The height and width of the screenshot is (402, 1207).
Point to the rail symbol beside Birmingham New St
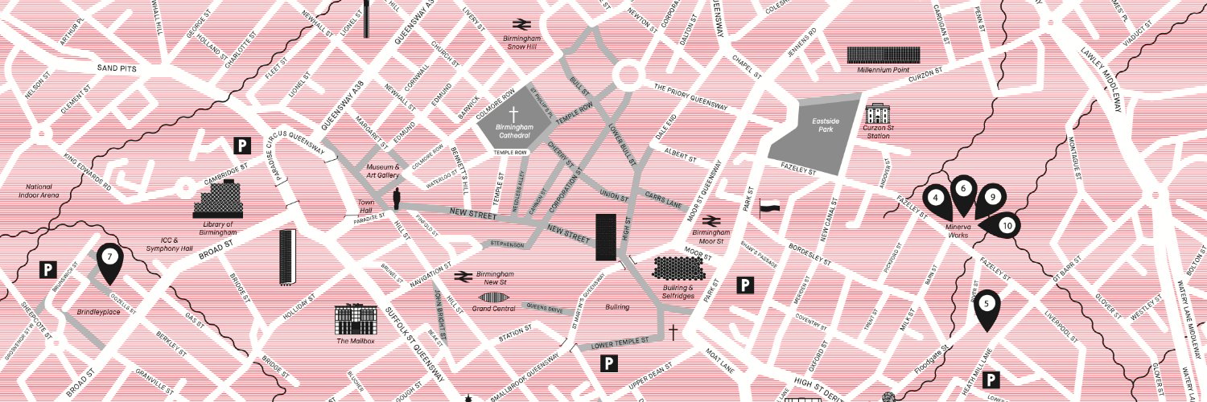tap(462, 276)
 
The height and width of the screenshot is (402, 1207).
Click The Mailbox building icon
tap(356, 319)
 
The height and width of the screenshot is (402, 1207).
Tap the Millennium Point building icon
tap(883, 55)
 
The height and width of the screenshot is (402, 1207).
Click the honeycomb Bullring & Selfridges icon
tap(673, 268)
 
